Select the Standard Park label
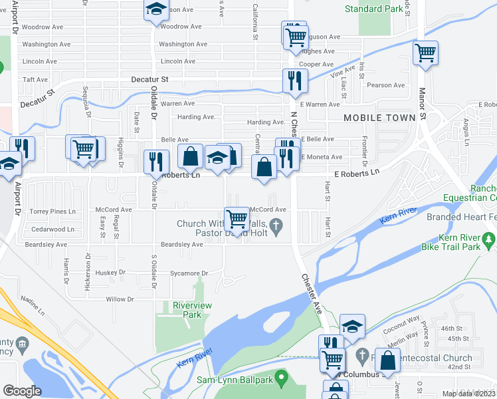click(x=373, y=9)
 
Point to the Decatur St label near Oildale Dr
click(x=151, y=78)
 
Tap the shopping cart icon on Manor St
click(x=425, y=53)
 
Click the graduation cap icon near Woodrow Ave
click(x=155, y=9)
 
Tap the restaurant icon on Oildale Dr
click(x=155, y=162)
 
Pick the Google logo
click(x=22, y=391)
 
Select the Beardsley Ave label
click(x=183, y=245)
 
